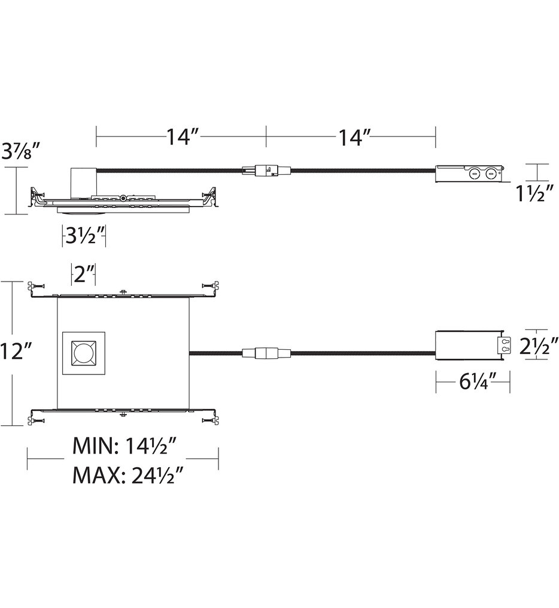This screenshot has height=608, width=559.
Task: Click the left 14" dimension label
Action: [x=181, y=137]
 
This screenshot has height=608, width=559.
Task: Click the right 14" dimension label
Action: [x=351, y=137]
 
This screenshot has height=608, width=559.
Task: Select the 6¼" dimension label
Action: [x=473, y=382]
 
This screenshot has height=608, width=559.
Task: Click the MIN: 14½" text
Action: [x=127, y=446]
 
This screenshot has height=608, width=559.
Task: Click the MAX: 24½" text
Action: [x=127, y=476]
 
